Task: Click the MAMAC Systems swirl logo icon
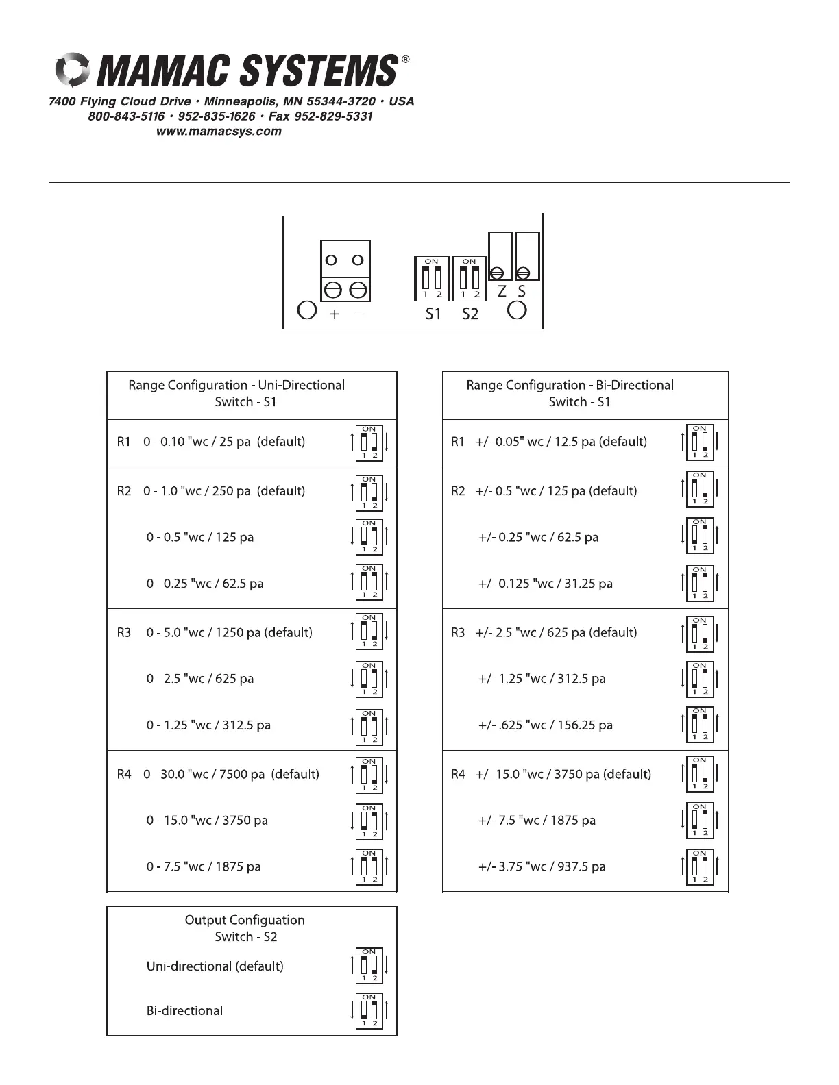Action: click(x=71, y=70)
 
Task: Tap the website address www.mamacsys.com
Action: click(x=219, y=132)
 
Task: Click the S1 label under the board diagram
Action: click(x=433, y=314)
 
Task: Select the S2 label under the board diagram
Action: click(x=470, y=314)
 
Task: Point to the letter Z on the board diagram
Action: click(x=502, y=291)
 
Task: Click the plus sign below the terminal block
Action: click(x=335, y=314)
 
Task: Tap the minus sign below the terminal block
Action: click(x=359, y=314)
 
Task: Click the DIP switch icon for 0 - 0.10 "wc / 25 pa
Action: click(x=369, y=442)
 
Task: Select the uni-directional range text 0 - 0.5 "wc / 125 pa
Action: click(x=199, y=537)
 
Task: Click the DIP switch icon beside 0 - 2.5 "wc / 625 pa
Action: click(x=369, y=679)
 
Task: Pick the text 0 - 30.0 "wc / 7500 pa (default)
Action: click(x=231, y=774)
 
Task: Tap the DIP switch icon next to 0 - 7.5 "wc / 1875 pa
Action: click(x=369, y=866)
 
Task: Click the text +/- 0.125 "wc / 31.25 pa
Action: click(x=545, y=584)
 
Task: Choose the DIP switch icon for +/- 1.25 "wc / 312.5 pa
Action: click(x=699, y=679)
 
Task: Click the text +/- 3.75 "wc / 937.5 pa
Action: click(x=542, y=866)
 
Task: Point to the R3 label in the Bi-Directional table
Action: click(x=458, y=632)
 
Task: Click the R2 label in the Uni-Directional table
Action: click(x=123, y=491)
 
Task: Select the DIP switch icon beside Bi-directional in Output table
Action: click(x=369, y=1010)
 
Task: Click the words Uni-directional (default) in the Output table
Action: click(x=215, y=966)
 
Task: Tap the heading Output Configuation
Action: click(x=245, y=920)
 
